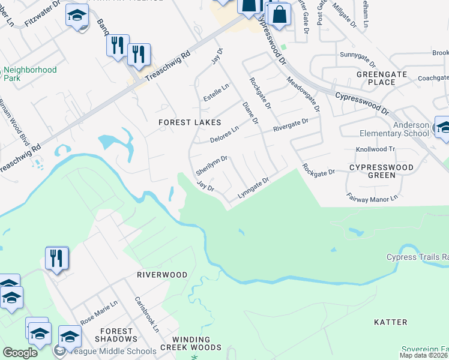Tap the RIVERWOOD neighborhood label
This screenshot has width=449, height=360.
[162, 275]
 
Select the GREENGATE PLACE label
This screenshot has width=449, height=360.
[382, 78]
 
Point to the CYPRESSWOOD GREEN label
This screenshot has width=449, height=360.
[381, 171]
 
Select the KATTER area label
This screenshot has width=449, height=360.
[390, 322]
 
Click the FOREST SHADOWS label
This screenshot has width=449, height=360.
[116, 335]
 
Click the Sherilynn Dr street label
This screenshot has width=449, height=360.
[211, 166]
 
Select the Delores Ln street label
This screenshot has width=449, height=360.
[224, 134]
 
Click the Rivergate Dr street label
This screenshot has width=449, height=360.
[291, 124]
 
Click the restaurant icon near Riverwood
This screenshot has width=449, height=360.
[57, 258]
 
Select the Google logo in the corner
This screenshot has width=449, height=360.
[20, 353]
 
